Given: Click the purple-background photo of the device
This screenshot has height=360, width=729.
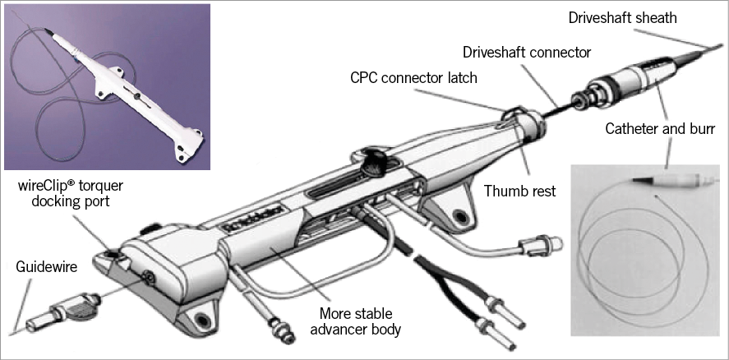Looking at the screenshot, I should pos(107,86).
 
